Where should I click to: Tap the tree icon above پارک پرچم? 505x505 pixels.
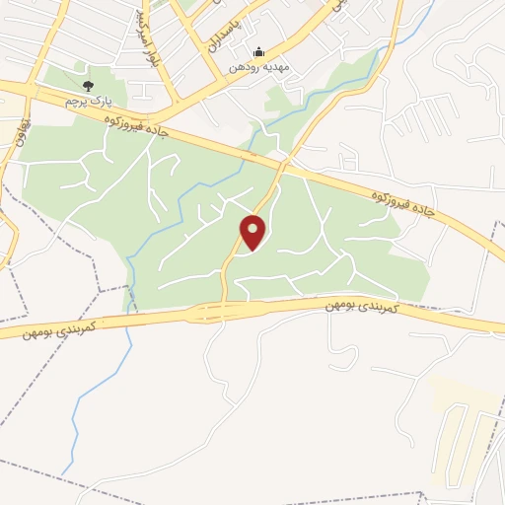(88, 87)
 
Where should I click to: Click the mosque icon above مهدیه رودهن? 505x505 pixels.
(259, 52)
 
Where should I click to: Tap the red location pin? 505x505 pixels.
(254, 232)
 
